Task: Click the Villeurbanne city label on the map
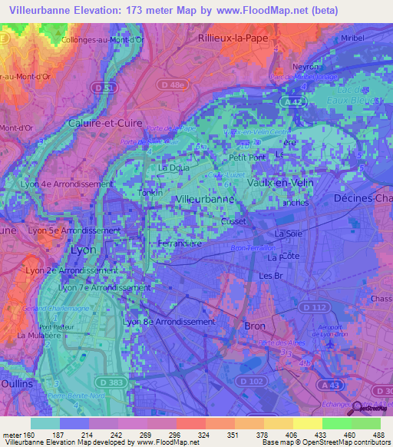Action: coord(205,200)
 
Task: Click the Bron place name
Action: coord(254,326)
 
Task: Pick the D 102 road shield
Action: coord(250,381)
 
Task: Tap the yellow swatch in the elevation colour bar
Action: coord(307,423)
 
